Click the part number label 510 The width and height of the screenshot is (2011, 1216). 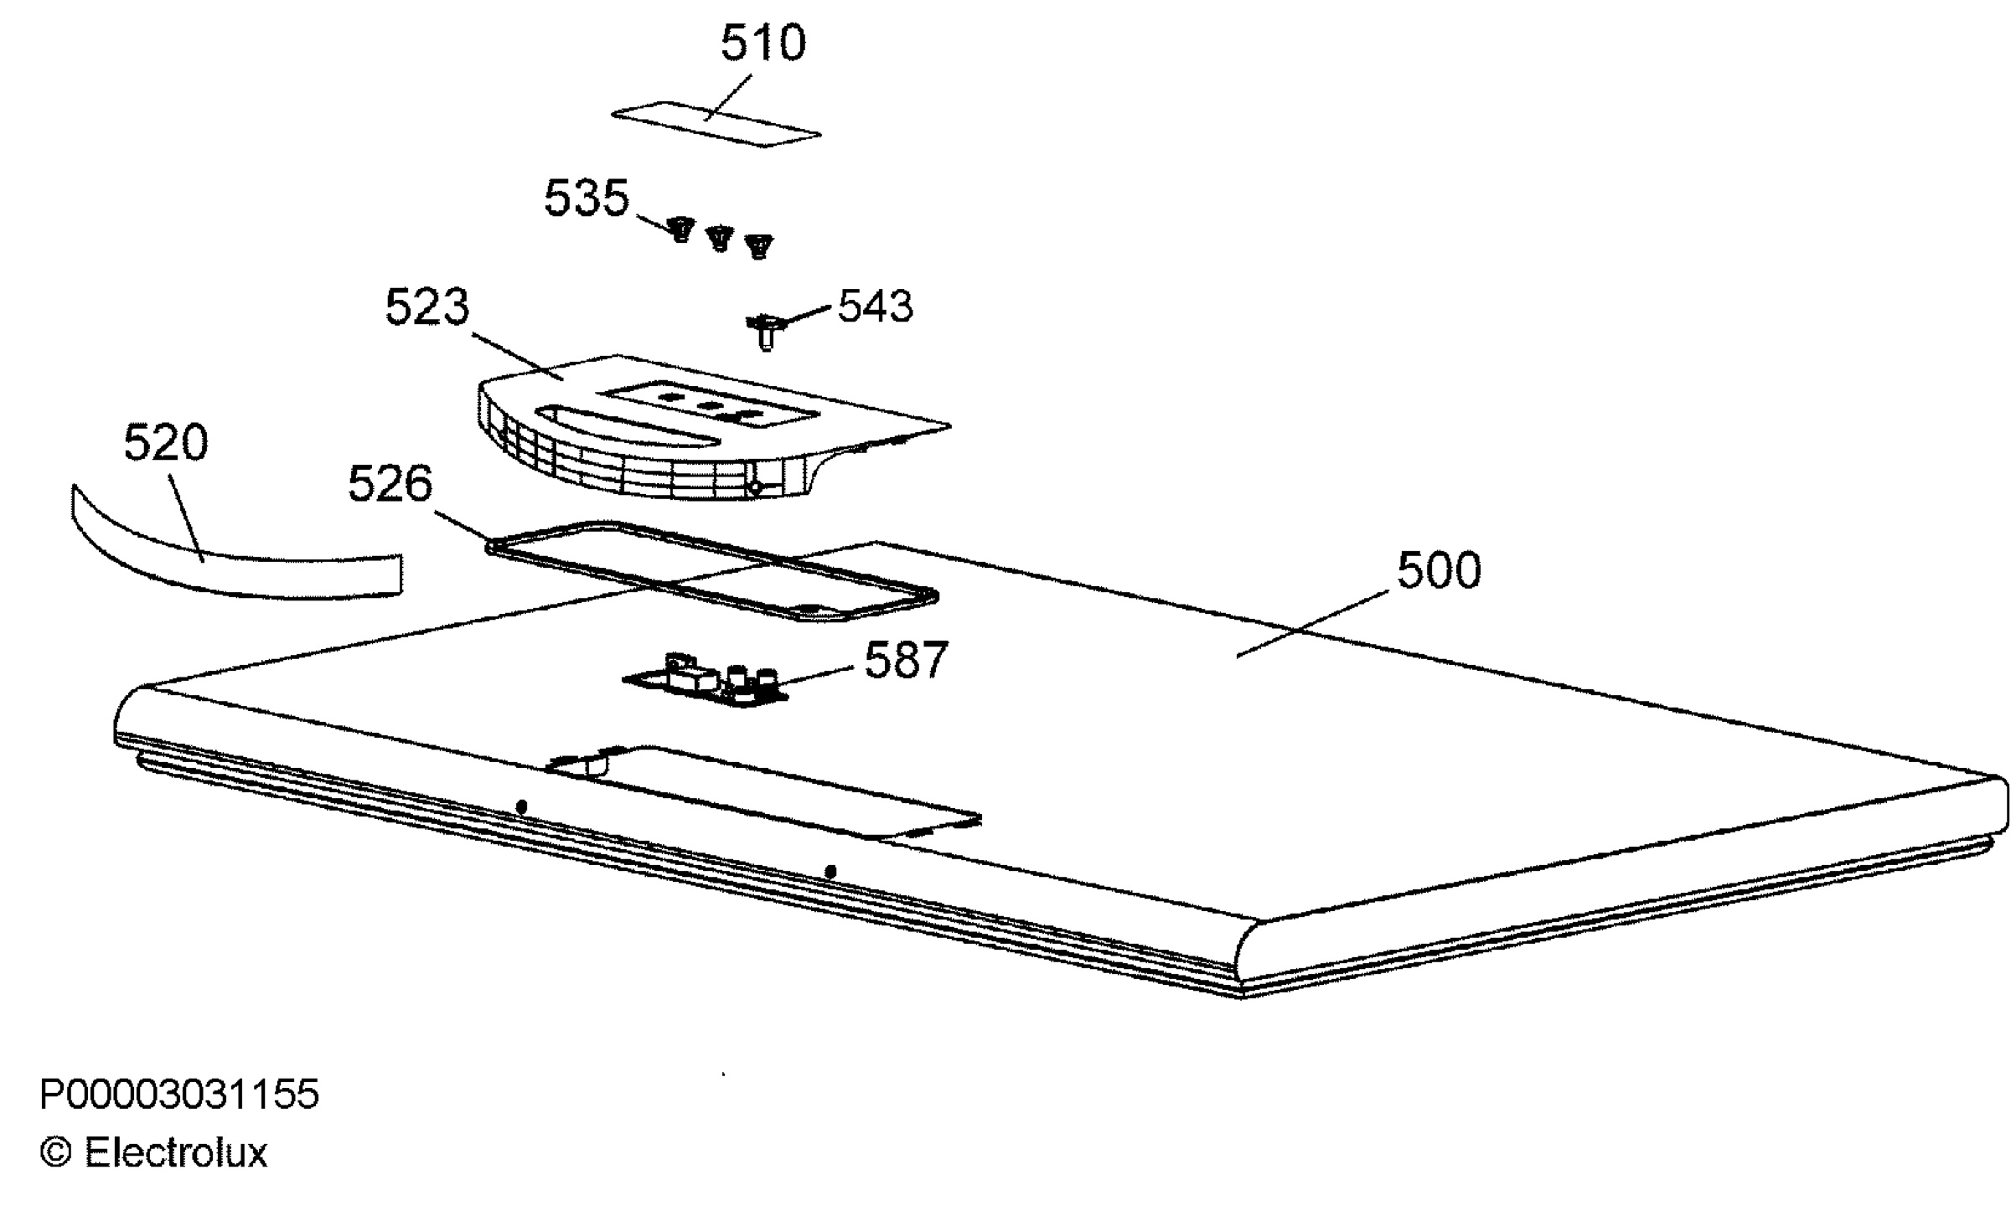click(763, 43)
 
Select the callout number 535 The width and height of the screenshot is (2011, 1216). click(587, 198)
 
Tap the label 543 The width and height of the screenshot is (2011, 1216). click(875, 306)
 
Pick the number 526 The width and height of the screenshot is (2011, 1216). click(390, 483)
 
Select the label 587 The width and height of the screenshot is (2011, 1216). click(906, 660)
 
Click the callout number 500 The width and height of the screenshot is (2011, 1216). click(1439, 570)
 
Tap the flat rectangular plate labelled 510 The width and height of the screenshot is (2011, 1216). click(716, 124)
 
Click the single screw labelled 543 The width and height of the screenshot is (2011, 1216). click(764, 331)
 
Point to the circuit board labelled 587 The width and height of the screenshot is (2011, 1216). click(706, 678)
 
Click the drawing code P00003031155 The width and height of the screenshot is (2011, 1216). click(179, 1095)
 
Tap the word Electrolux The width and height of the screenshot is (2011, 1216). click(176, 1153)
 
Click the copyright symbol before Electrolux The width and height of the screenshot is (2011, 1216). click(56, 1153)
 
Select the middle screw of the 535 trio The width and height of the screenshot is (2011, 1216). click(720, 239)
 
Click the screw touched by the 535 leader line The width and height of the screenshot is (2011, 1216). click(682, 229)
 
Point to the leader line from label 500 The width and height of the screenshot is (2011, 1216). click(1315, 624)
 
